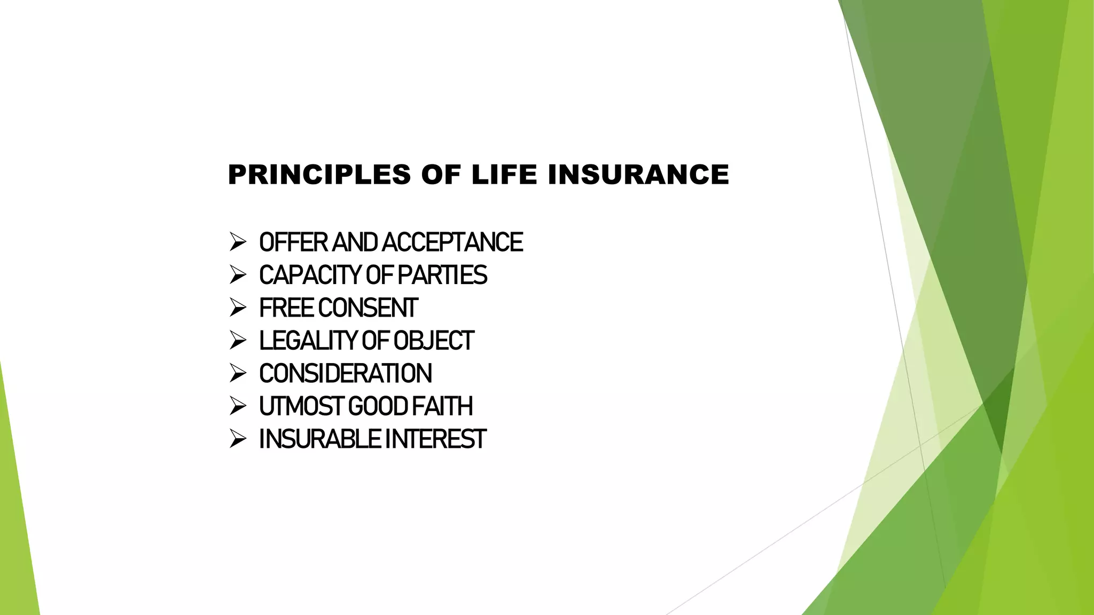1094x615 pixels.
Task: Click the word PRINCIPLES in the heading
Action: click(x=319, y=175)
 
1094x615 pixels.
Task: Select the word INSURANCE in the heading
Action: click(x=638, y=175)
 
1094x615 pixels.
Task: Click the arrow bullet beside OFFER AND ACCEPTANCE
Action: click(x=237, y=242)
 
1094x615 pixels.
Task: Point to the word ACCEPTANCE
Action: click(x=452, y=242)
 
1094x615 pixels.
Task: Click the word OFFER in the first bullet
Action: click(x=293, y=242)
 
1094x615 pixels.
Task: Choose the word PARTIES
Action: click(x=442, y=275)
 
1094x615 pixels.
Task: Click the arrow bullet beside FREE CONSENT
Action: click(x=237, y=307)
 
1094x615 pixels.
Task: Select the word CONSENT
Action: click(x=368, y=308)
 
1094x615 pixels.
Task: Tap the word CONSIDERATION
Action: click(x=346, y=374)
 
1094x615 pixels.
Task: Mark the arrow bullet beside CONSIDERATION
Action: click(x=237, y=373)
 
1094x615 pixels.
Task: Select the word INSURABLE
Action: click(x=319, y=439)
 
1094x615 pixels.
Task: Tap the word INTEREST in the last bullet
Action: click(x=435, y=439)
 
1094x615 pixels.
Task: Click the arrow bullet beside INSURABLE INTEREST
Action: click(x=237, y=439)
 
